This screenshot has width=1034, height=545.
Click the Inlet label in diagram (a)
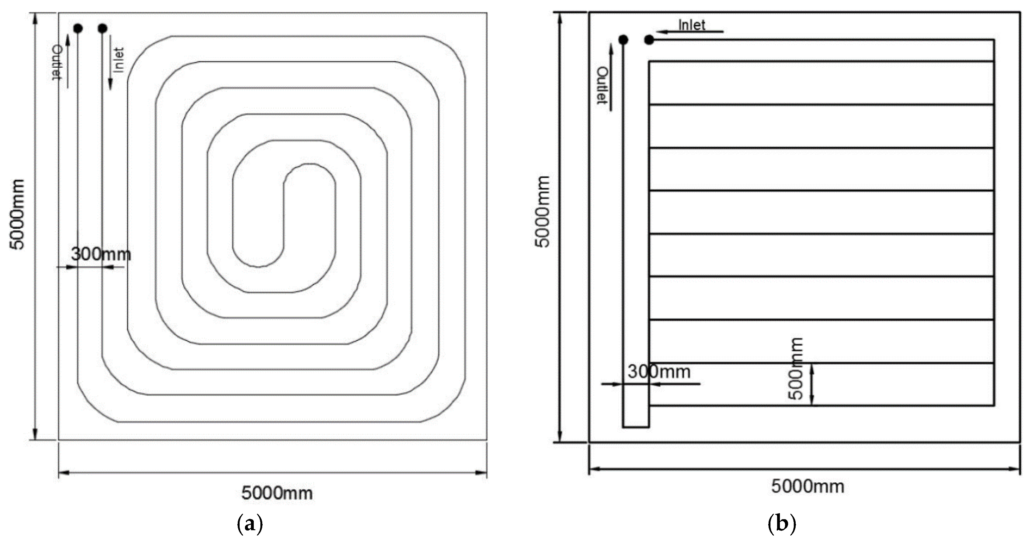[119, 60]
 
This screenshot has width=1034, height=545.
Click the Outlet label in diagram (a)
[57, 62]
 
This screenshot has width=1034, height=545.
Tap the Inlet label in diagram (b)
[692, 25]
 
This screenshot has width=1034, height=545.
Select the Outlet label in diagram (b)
[602, 85]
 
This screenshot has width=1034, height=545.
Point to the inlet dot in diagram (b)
[649, 40]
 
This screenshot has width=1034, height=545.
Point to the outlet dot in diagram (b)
[623, 40]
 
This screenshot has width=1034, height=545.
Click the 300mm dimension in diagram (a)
[101, 254]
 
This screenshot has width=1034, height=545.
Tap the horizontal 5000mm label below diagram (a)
[277, 493]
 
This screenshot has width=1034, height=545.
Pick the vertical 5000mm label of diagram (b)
[543, 212]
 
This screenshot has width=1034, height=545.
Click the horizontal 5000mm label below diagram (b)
[807, 487]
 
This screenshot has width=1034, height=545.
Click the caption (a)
[250, 524]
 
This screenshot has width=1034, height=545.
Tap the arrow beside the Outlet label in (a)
[67, 60]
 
